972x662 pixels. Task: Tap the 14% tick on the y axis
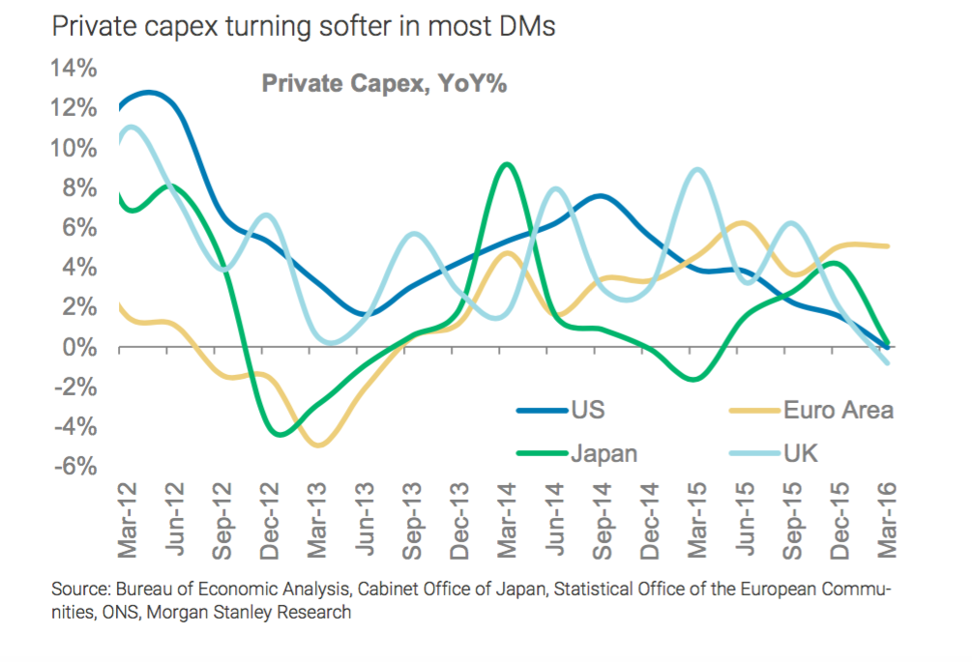(x=74, y=69)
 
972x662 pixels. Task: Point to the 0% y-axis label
(x=79, y=347)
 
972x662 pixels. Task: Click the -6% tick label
(x=75, y=467)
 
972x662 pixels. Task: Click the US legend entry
(x=586, y=410)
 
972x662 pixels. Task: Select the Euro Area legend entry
(x=838, y=410)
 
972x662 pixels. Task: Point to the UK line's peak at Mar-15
(x=697, y=170)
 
